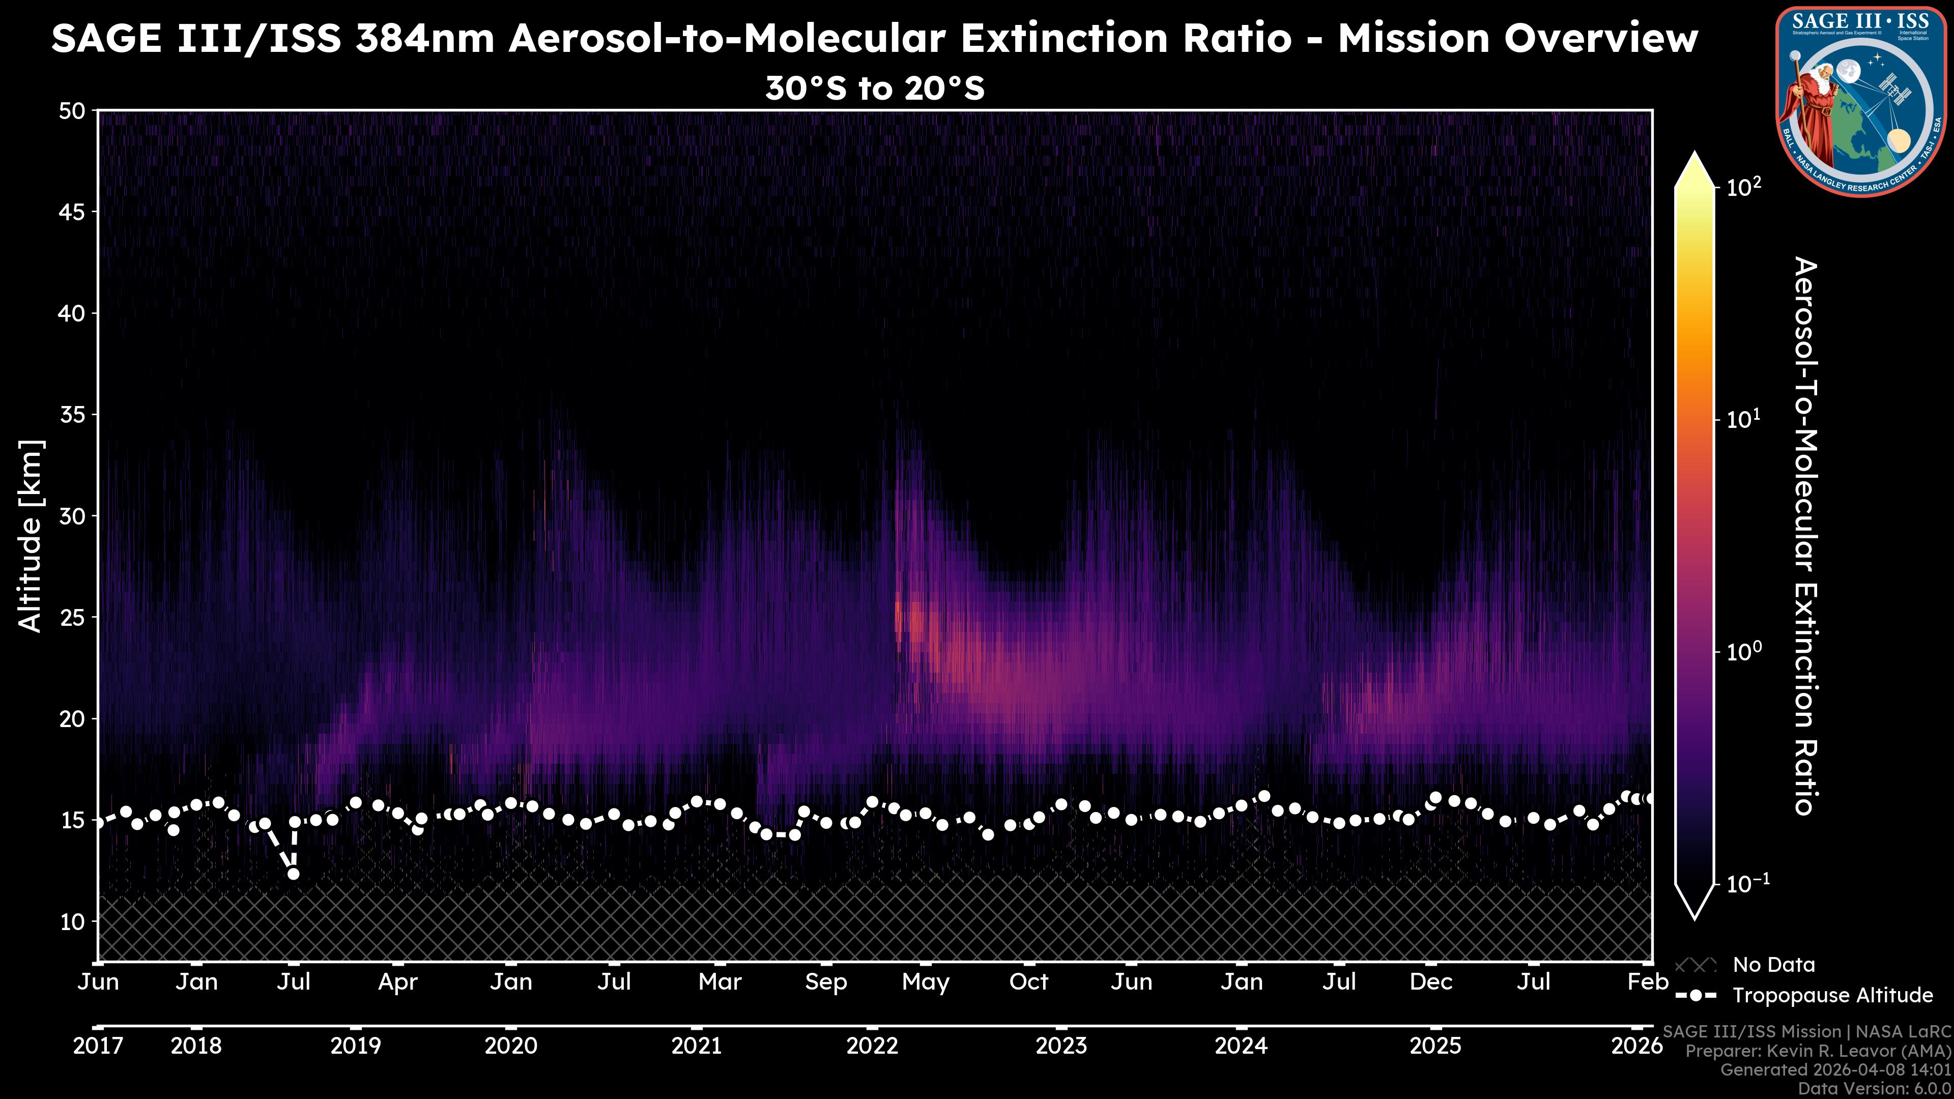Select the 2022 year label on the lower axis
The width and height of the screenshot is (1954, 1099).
click(x=872, y=1046)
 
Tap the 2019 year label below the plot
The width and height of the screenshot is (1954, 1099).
click(x=356, y=1046)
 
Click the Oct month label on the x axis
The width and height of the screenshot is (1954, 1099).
click(x=1028, y=982)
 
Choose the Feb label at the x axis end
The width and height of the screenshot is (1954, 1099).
click(x=1648, y=982)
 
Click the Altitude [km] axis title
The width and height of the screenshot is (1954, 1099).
click(x=31, y=535)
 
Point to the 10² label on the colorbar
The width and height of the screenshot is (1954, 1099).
click(x=1744, y=187)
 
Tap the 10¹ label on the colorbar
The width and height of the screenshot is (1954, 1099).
click(x=1744, y=419)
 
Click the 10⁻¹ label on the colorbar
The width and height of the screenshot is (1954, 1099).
click(x=1747, y=884)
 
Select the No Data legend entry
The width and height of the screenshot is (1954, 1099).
click(x=1773, y=965)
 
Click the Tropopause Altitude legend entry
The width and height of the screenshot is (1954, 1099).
click(x=1832, y=995)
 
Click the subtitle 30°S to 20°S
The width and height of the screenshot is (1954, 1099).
click(x=875, y=89)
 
